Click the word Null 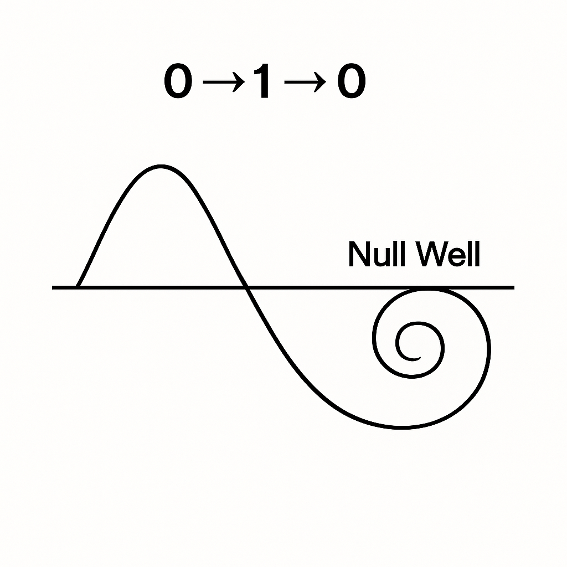(376, 255)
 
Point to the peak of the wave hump (161, 166)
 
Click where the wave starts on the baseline (78, 287)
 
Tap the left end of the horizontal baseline (54, 287)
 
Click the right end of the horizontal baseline (513, 287)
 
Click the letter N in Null (359, 255)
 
